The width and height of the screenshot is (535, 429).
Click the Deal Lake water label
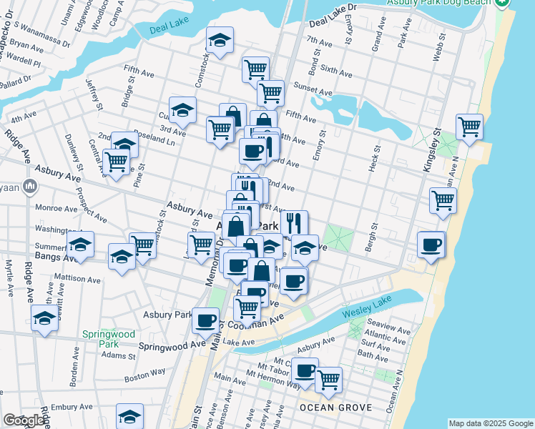[169, 30]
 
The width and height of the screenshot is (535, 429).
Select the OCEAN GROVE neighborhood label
[335, 408]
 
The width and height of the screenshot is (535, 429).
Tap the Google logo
[23, 420]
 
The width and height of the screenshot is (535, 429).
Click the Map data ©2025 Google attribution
[491, 423]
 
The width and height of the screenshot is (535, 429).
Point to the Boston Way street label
[144, 374]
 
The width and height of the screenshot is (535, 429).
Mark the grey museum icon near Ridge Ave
[29, 187]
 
